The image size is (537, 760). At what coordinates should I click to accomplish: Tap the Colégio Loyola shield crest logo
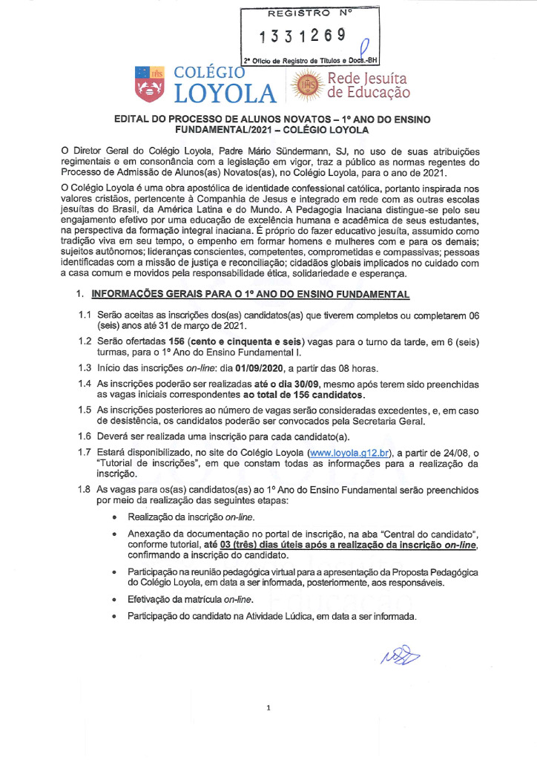pos(148,84)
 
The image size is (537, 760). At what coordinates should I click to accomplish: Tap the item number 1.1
pos(85,315)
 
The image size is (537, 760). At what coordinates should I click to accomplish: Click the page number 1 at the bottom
pos(268,708)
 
